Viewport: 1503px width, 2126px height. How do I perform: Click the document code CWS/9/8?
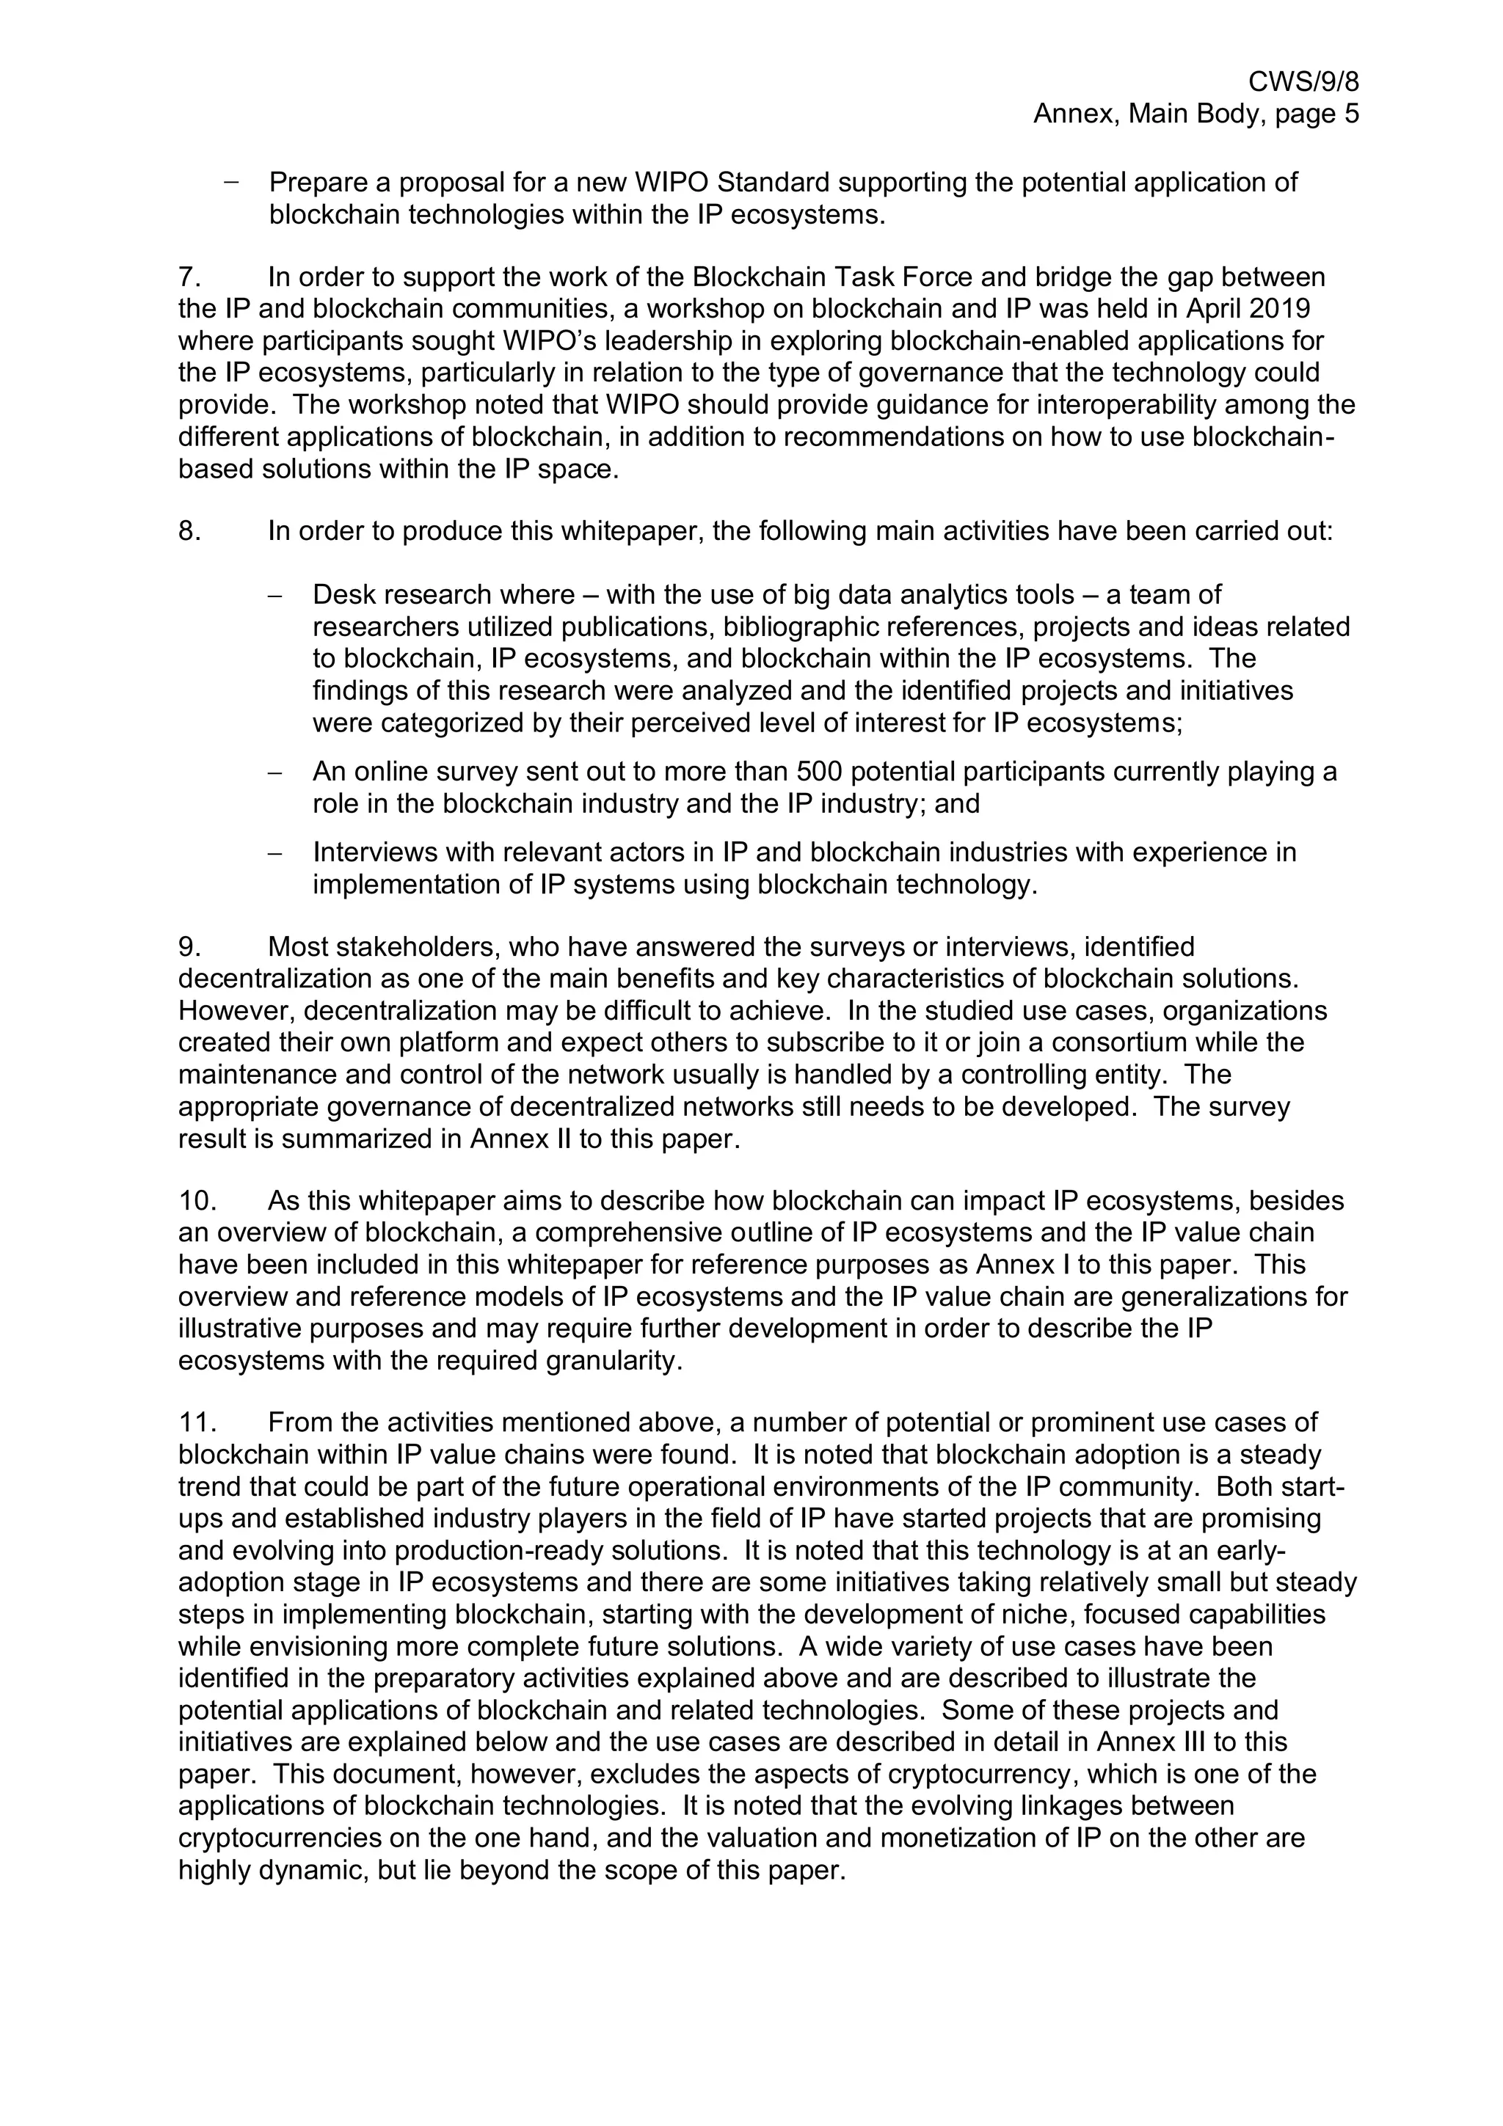point(1303,81)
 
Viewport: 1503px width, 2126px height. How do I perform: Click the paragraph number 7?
point(189,277)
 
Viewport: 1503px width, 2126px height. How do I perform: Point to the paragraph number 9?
point(189,946)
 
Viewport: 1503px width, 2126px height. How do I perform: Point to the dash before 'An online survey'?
point(274,772)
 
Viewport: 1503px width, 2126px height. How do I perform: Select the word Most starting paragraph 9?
point(297,946)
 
